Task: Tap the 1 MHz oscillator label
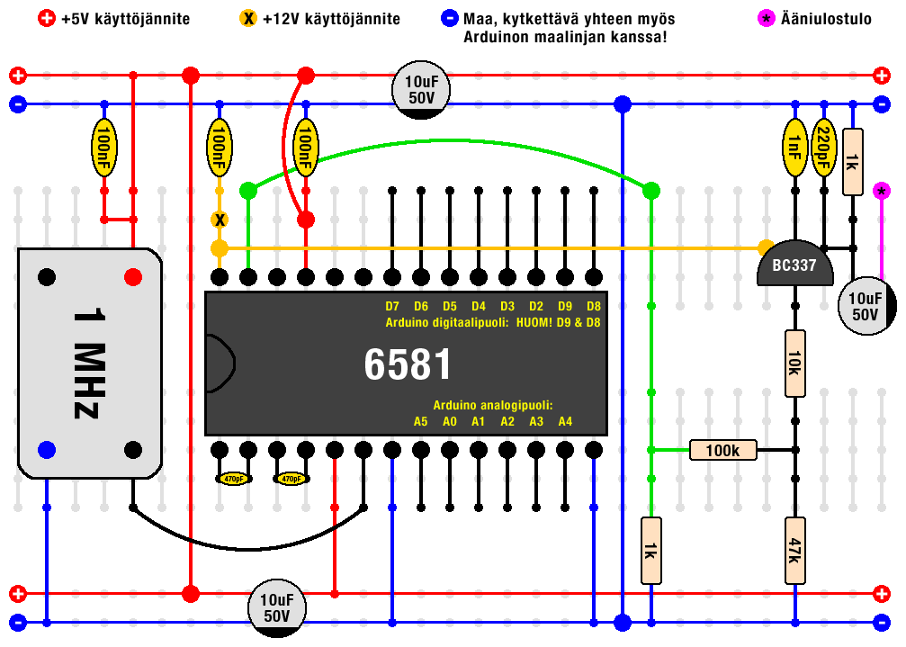pos(87,364)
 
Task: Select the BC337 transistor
pos(794,267)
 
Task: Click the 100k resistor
pos(723,450)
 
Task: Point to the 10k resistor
pos(794,364)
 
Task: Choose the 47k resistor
pos(794,551)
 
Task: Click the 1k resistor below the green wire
pos(650,551)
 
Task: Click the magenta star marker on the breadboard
pos(882,191)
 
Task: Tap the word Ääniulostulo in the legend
pos(826,19)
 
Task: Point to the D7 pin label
pos(392,306)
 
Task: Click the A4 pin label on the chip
pos(565,421)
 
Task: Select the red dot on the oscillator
pos(133,276)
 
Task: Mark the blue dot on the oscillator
pos(47,449)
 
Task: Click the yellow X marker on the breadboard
pos(219,220)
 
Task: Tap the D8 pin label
pos(594,306)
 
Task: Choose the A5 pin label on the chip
pos(421,421)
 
